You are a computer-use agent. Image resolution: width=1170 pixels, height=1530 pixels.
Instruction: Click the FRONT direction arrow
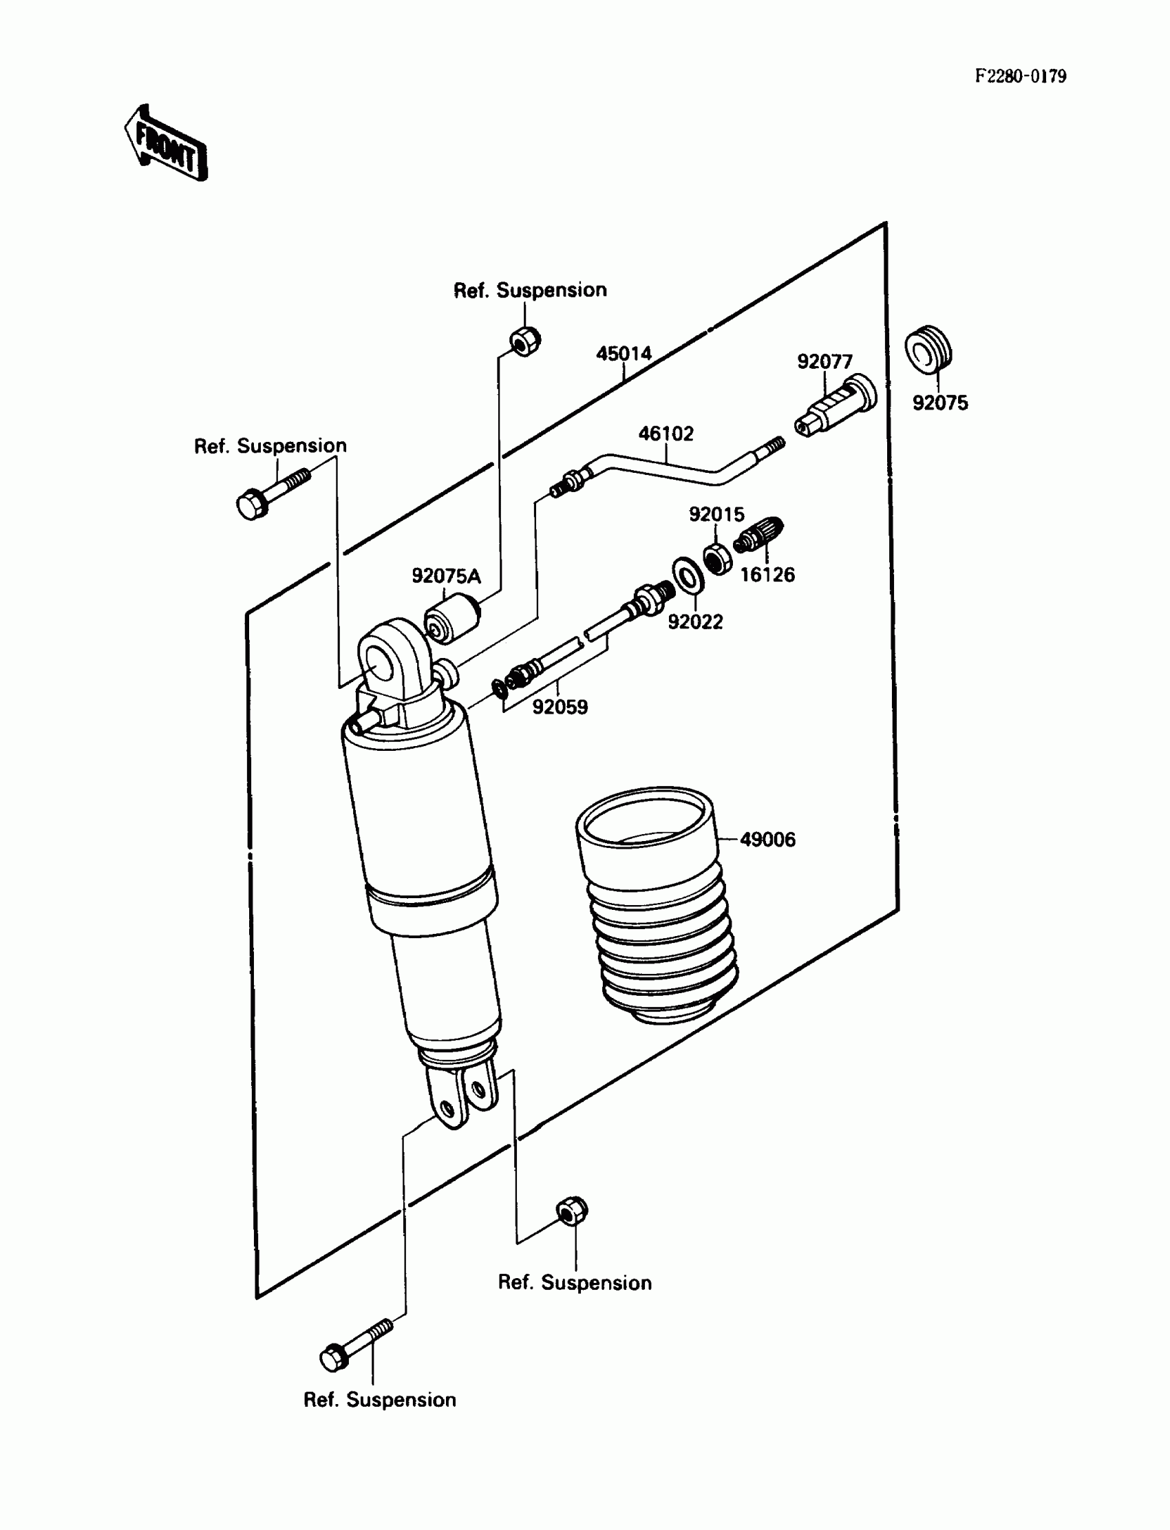[166, 144]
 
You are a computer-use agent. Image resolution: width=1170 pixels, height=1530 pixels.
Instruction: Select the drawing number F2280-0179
[1019, 76]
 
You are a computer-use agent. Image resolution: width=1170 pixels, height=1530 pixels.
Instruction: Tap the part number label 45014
[624, 354]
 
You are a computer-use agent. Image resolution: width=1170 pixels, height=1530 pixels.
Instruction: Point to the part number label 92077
[825, 362]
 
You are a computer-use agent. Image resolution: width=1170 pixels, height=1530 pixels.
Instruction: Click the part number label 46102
[666, 434]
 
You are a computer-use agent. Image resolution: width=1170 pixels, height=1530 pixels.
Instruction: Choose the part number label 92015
[716, 515]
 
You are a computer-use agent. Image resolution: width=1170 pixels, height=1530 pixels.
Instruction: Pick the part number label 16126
[767, 575]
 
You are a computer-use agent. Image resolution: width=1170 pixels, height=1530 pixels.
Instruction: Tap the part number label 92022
[695, 622]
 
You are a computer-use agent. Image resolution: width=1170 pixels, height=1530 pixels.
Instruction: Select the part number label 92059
[560, 708]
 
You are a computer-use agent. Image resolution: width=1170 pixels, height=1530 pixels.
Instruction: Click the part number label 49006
[767, 840]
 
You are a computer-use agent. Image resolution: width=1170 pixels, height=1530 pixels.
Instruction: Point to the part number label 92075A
[446, 577]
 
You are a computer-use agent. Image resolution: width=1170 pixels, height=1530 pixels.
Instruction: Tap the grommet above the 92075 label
[928, 348]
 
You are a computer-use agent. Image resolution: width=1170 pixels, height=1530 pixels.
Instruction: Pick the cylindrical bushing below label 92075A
[452, 617]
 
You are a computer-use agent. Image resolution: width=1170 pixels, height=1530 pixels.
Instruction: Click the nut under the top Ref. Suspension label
[524, 341]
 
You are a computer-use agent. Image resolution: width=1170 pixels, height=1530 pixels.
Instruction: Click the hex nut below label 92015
[717, 558]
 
